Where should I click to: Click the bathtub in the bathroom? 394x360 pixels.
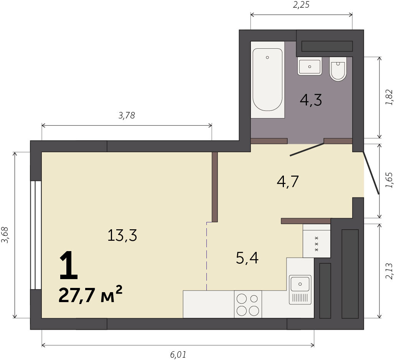[267, 80]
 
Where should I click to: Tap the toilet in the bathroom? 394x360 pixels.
[338, 69]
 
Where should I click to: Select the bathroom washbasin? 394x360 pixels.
[310, 66]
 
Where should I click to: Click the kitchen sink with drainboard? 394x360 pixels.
[300, 290]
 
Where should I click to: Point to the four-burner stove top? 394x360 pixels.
[248, 304]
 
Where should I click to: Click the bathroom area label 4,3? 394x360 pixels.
[311, 100]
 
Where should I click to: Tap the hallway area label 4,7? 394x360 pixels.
[288, 181]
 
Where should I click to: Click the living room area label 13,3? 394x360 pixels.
[122, 235]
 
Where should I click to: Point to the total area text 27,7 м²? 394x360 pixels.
[91, 294]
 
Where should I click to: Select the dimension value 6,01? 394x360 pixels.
[178, 355]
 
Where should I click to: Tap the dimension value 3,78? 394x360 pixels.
[127, 115]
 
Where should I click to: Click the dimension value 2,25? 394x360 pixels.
[301, 5]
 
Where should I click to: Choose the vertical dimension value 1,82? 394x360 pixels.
[389, 97]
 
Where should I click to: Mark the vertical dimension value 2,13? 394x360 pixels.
[389, 271]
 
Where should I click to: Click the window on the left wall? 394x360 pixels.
[36, 235]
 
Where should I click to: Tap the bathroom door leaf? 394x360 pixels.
[307, 150]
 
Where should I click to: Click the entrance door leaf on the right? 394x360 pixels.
[371, 173]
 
